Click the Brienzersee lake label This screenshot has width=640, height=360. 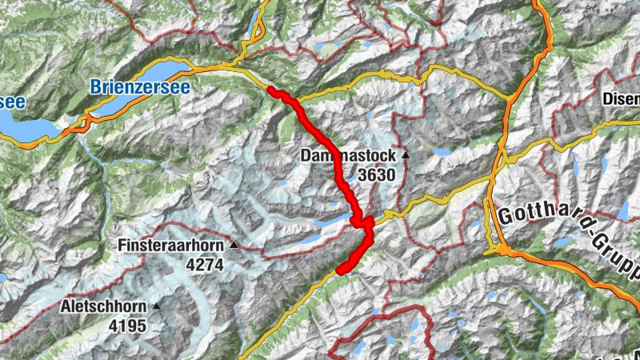pos(139,86)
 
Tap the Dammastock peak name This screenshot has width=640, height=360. pos(349,155)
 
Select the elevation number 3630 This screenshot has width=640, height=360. pos(376,173)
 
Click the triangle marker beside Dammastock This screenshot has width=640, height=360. pos(406,155)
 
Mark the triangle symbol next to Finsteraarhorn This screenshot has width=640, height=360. pos(234,245)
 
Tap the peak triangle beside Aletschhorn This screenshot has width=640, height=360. pos(156,306)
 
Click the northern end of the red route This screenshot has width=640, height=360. pos(270,90)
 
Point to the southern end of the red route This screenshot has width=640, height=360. pos(340,270)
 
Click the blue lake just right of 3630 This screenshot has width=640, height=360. pos(441,151)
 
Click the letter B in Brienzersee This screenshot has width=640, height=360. pos(96,86)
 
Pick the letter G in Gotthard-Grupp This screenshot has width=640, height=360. pos(505,216)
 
